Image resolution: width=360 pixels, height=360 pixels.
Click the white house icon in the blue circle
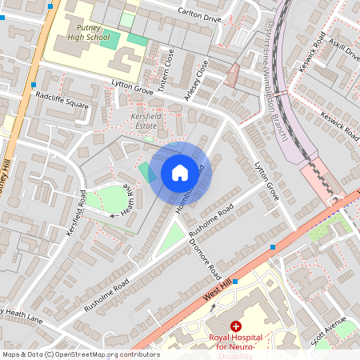pos(180,172)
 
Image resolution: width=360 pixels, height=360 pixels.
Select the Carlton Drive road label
pos(199,15)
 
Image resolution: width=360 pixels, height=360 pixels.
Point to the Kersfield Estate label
pos(147,121)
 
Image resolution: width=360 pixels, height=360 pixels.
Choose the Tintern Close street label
pos(169,72)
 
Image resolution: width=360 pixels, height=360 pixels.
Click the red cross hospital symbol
pos(236,326)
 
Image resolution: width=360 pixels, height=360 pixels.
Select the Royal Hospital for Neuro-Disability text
pos(237,342)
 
